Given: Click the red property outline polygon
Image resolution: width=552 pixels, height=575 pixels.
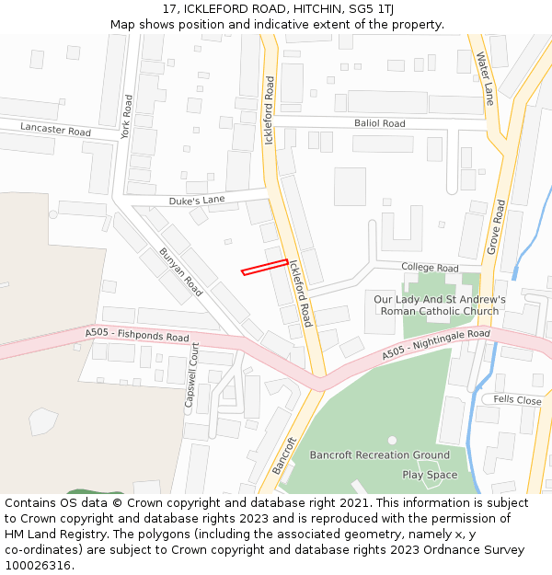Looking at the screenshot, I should pos(264,267).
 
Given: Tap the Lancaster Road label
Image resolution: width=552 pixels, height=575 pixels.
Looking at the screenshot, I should pos(55,131).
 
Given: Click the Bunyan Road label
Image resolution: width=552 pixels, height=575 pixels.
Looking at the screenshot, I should pos(180,271).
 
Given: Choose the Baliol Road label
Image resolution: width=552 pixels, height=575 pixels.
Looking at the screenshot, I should pos(379,123).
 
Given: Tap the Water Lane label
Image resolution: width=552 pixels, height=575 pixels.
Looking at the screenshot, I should pos(485,78).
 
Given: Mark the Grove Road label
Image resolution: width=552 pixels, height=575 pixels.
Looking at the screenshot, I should pos(497,227).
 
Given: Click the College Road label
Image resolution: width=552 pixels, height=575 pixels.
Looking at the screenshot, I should pos(430,268).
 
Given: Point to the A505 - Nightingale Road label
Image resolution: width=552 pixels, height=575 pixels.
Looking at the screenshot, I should pos(436,344).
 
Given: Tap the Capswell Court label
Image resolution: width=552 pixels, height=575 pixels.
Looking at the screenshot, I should pos(192,375).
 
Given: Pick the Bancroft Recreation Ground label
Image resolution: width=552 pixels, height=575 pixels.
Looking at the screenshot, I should pos(379,454).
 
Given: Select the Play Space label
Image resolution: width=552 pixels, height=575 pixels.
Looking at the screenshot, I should pos(430,475).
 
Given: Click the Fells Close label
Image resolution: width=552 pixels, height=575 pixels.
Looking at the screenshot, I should pos(517,400).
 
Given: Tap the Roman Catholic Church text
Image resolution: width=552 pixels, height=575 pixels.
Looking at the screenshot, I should pos(440,311).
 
